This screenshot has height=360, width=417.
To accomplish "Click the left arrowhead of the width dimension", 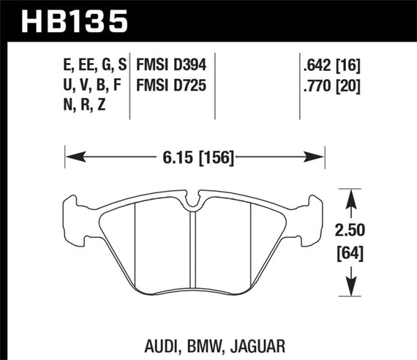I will point(72,155).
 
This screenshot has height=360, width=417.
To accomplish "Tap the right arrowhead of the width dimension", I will point(319,155).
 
